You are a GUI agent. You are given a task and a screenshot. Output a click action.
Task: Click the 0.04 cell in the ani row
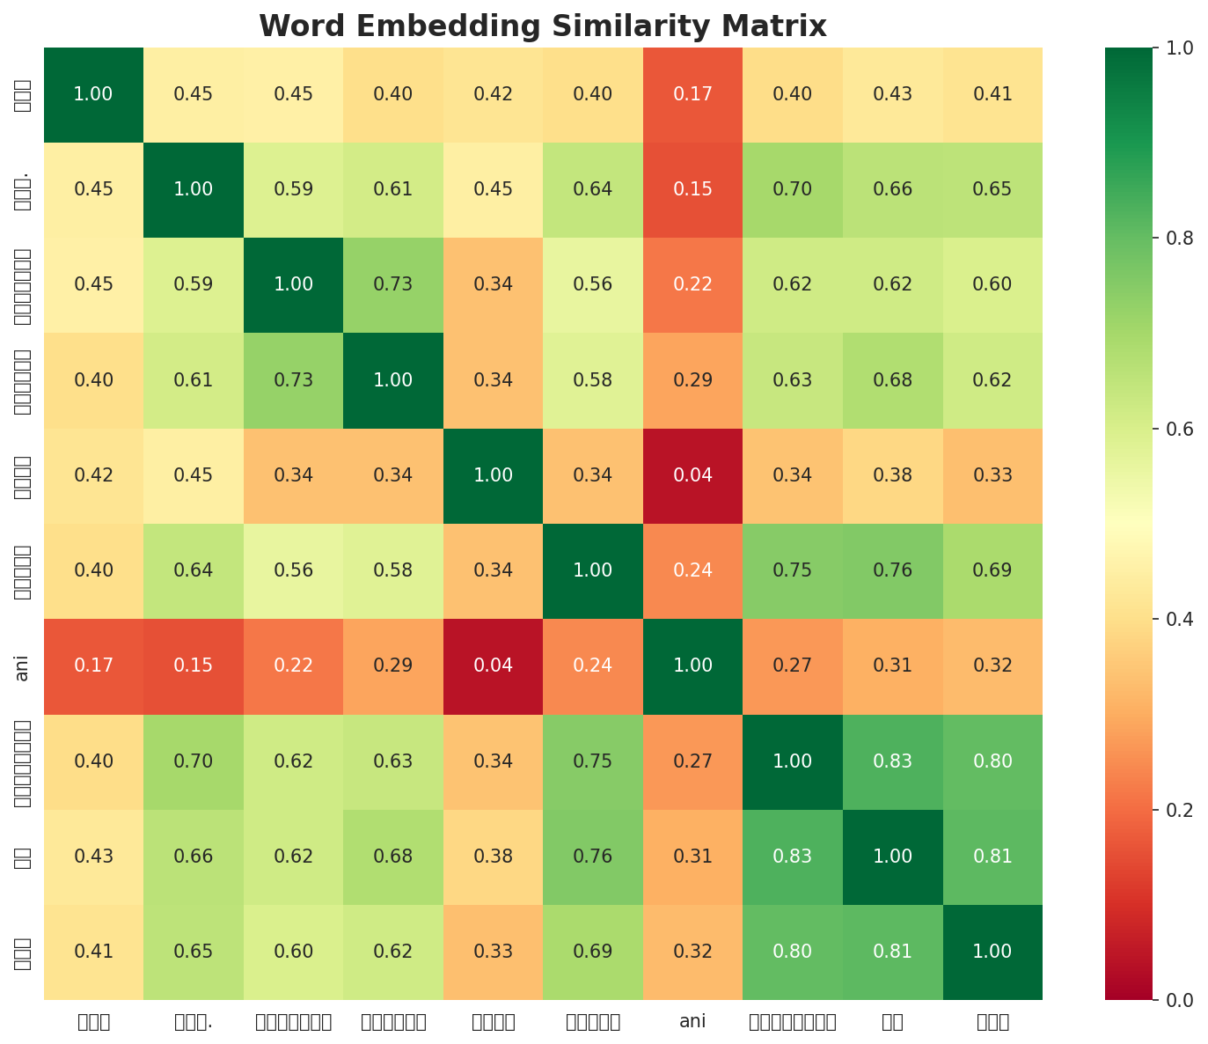(x=493, y=665)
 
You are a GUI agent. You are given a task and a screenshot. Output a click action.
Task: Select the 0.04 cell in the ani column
(x=692, y=475)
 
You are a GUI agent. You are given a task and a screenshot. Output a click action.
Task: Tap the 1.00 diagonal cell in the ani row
(x=692, y=665)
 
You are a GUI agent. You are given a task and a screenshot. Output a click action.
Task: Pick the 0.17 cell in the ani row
(x=93, y=665)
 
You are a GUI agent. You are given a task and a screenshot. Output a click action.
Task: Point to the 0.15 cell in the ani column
(x=692, y=189)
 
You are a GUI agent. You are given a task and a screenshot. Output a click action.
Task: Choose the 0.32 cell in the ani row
(x=992, y=665)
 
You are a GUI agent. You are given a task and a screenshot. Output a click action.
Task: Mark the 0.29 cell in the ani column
(x=692, y=380)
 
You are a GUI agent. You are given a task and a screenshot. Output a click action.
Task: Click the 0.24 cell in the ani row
(x=593, y=665)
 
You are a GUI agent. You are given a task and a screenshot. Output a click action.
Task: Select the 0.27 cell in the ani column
(x=692, y=761)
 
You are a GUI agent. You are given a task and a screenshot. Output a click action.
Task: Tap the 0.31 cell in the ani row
(x=892, y=665)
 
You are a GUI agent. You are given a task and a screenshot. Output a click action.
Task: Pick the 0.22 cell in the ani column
(x=692, y=284)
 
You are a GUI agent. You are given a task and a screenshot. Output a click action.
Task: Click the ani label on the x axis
(x=692, y=1022)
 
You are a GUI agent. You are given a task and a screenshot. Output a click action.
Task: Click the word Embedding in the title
(x=414, y=26)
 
